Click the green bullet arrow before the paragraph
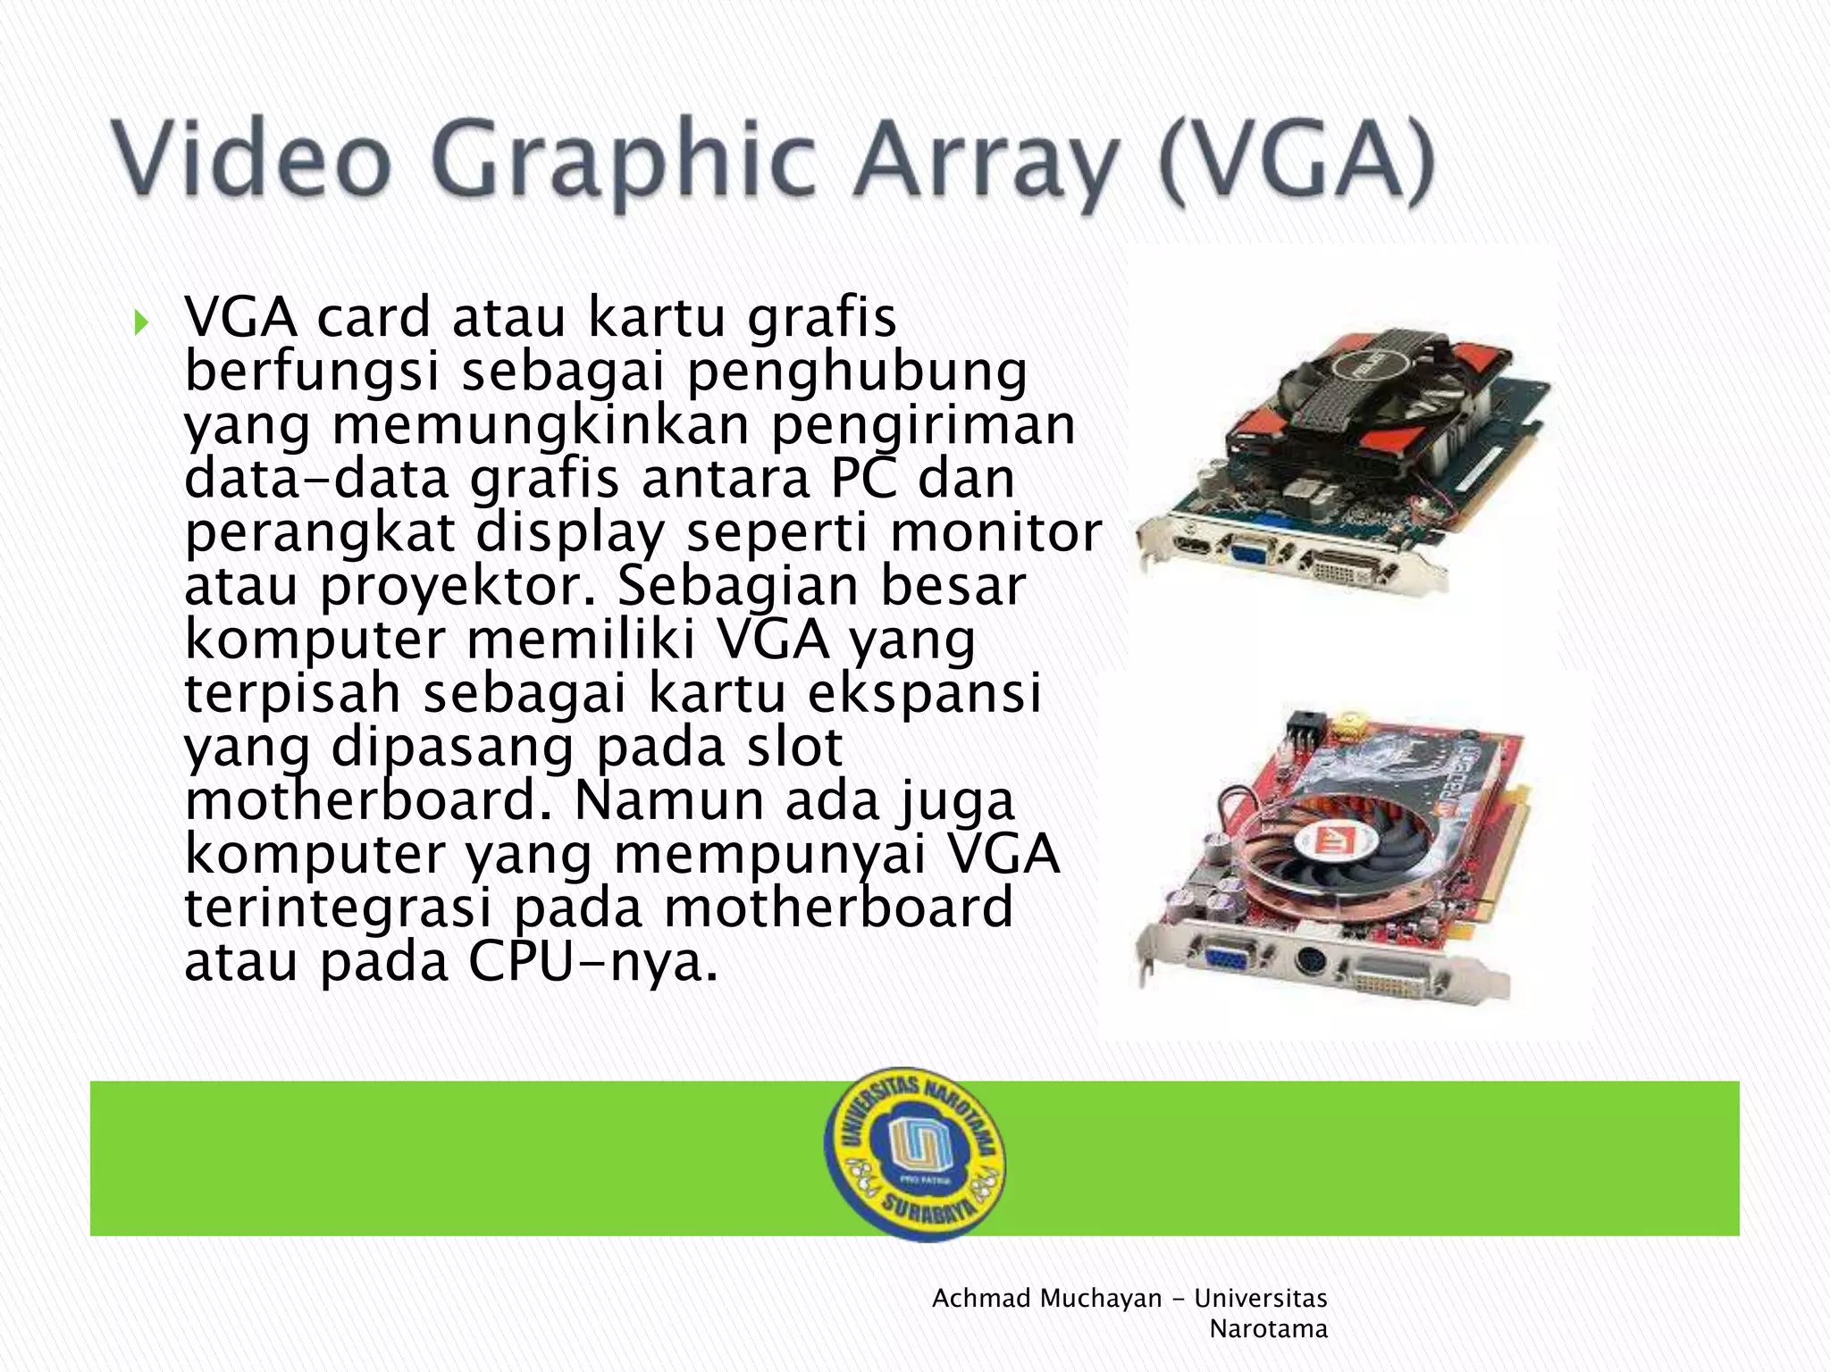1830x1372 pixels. [140, 322]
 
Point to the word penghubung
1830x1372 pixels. [857, 372]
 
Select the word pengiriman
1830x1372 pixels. [923, 426]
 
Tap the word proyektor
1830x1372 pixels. [457, 587]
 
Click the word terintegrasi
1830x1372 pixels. [338, 908]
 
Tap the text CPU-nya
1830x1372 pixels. [593, 962]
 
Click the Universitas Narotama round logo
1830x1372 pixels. [914, 1153]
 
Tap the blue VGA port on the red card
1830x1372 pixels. [1230, 958]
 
